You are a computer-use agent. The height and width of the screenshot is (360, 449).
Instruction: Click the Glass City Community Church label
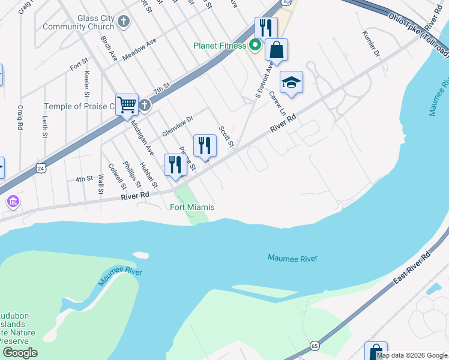[79, 22]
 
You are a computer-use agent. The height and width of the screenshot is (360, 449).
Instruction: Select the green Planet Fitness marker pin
[255, 44]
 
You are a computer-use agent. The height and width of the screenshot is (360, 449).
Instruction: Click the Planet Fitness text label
[220, 46]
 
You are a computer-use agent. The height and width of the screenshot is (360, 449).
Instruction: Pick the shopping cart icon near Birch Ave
[127, 104]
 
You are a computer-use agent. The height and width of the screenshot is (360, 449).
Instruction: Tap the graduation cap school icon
[291, 83]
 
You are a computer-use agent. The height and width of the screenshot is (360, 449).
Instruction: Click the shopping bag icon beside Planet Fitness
[276, 50]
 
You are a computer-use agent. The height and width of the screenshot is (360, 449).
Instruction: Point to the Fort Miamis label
[192, 208]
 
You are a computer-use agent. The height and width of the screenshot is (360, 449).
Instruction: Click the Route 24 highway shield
[40, 169]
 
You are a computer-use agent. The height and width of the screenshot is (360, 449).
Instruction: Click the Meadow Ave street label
[139, 49]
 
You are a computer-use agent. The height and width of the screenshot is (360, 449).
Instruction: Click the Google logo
[20, 352]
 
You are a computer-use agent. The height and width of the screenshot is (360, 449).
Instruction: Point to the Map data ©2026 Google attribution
[412, 355]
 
